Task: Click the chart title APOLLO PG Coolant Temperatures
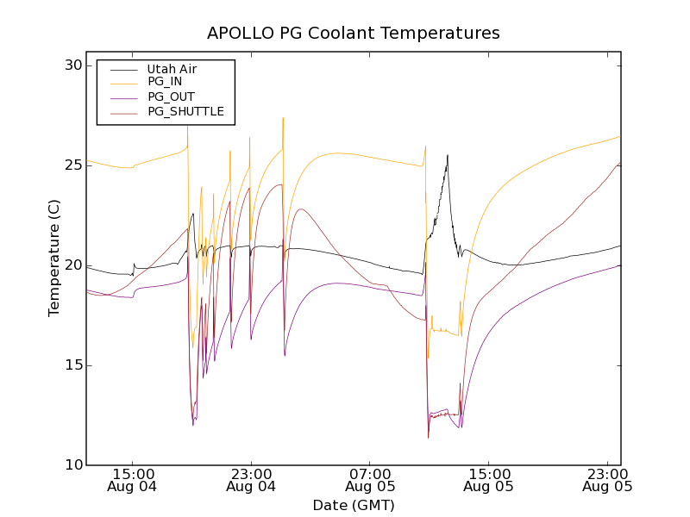353,34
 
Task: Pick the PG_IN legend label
165,82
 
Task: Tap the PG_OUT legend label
171,97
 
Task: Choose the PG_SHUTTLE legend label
185,111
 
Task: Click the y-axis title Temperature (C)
54,265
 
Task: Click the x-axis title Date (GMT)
353,505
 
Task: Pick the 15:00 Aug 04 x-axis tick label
132,480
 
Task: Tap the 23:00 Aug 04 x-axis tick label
251,480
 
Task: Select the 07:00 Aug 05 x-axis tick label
370,480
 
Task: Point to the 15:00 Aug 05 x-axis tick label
489,480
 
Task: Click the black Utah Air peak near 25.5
447,156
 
